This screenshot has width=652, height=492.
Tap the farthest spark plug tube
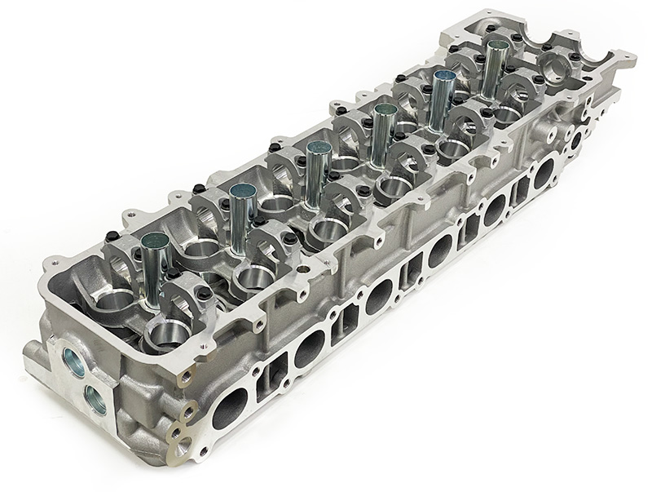[x=495, y=65]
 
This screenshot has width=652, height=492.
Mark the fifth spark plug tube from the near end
[x=443, y=96]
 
